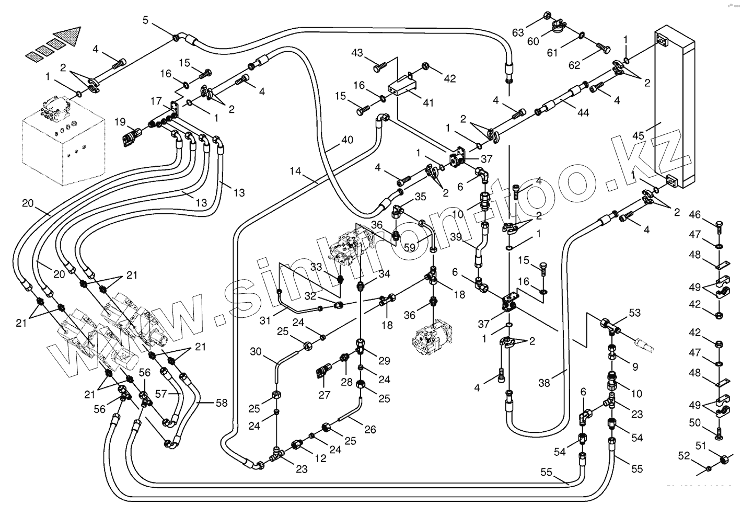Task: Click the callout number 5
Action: pyautogui.click(x=146, y=20)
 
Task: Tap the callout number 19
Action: pyautogui.click(x=121, y=122)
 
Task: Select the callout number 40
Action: pyautogui.click(x=347, y=140)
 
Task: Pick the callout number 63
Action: pyautogui.click(x=518, y=32)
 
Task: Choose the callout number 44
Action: pyautogui.click(x=584, y=112)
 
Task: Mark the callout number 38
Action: pyautogui.click(x=545, y=383)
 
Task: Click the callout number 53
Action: pyautogui.click(x=634, y=313)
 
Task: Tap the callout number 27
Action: pyautogui.click(x=325, y=395)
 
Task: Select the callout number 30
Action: pyautogui.click(x=256, y=352)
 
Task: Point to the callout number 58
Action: pyautogui.click(x=222, y=403)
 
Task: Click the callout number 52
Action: pyautogui.click(x=684, y=456)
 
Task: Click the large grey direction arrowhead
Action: pyautogui.click(x=68, y=36)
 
